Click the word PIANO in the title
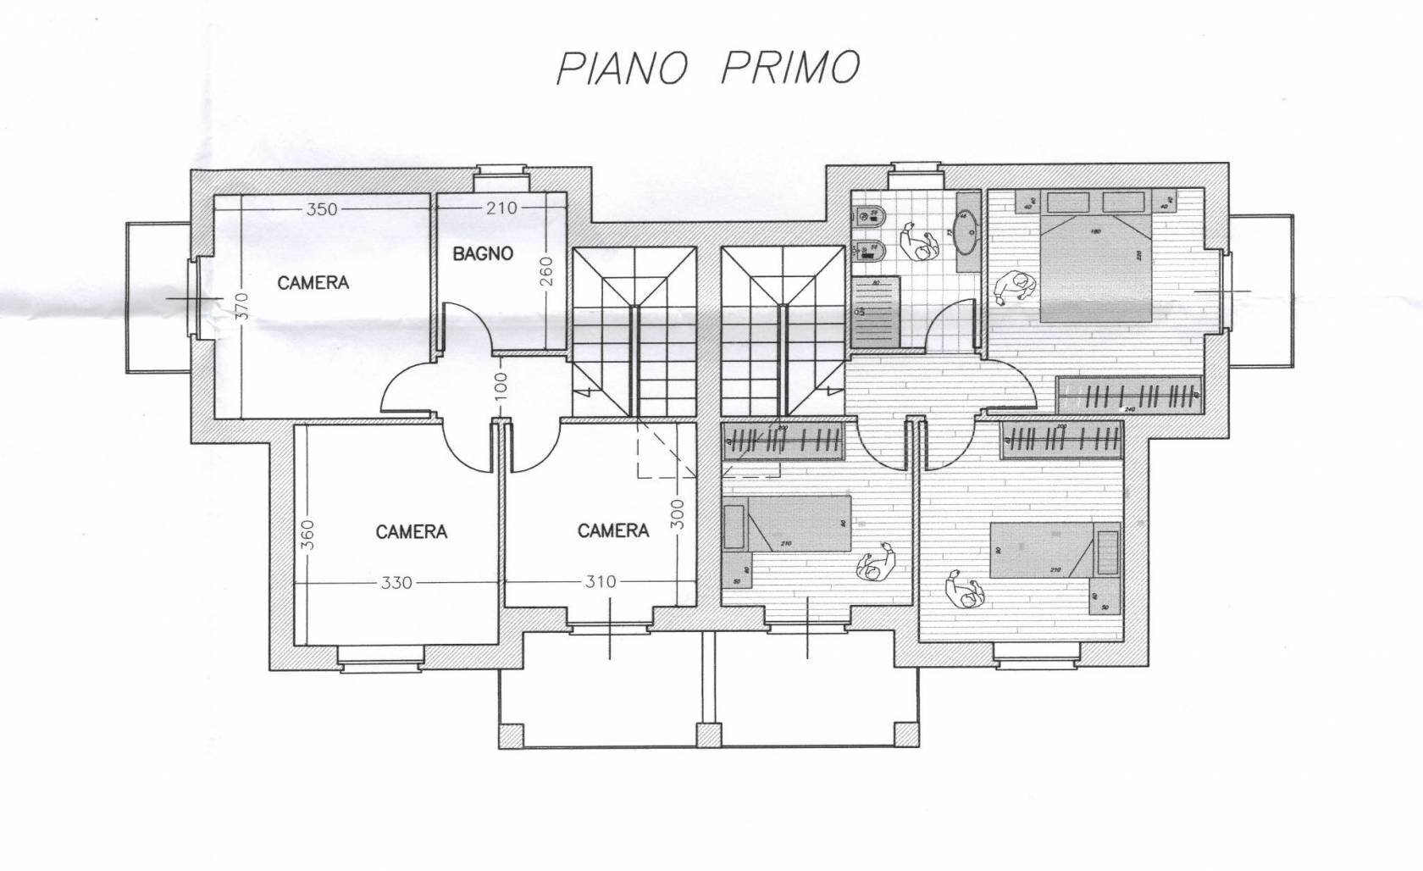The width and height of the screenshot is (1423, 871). click(620, 69)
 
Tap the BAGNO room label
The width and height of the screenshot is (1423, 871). click(482, 253)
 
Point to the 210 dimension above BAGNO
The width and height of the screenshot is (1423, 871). click(501, 208)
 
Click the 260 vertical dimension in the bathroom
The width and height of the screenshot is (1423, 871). click(546, 270)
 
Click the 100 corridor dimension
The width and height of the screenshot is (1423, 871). click(500, 386)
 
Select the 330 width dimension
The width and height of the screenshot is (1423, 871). click(396, 582)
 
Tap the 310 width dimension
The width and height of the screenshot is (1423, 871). click(600, 582)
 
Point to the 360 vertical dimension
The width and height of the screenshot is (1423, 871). click(307, 535)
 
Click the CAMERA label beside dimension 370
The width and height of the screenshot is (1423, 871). click(313, 283)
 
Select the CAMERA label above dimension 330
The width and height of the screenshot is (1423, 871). click(411, 532)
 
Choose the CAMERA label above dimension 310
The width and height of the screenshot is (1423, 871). click(613, 531)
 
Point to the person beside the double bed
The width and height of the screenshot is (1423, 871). click(1015, 288)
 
